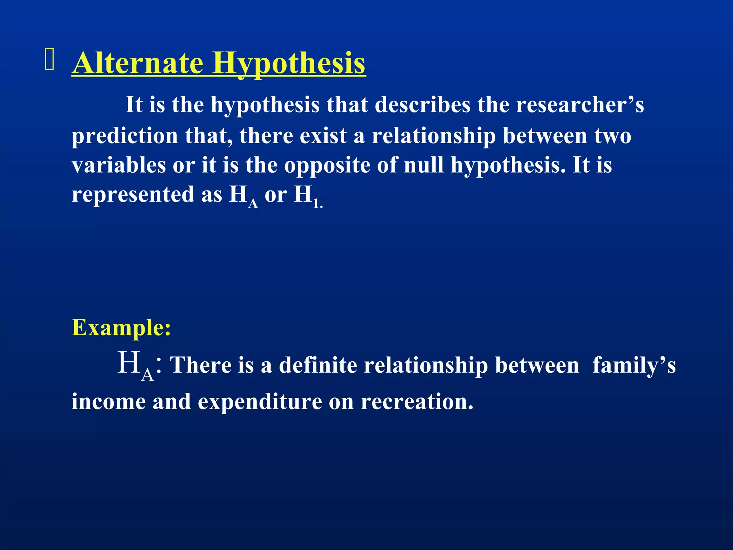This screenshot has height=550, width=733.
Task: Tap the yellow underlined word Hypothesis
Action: click(289, 64)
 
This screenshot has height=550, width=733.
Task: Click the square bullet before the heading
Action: click(49, 59)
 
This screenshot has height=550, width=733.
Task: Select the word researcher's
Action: click(580, 105)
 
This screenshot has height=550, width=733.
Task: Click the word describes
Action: click(423, 105)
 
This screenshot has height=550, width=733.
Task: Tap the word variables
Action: click(118, 165)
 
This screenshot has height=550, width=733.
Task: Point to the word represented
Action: click(133, 195)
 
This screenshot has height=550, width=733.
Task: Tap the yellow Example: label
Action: click(121, 327)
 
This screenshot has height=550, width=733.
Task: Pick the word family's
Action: click(634, 366)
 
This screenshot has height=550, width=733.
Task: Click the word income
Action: click(108, 402)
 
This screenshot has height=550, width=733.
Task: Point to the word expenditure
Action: click(260, 402)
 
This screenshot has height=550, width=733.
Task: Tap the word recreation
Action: click(417, 402)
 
